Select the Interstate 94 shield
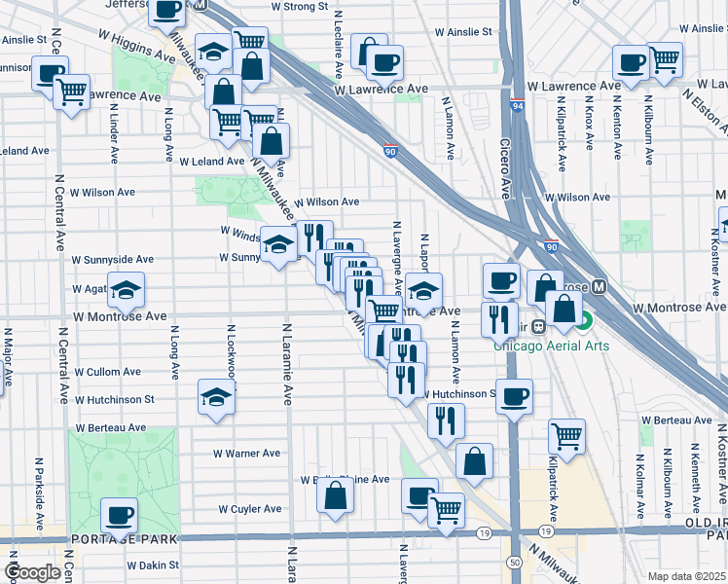click(516, 106)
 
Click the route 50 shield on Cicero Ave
click(514, 563)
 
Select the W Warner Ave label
click(247, 454)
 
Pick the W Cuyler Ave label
click(249, 509)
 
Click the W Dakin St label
click(153, 565)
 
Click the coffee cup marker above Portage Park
click(120, 516)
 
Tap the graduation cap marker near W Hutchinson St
click(217, 397)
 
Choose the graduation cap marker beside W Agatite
click(125, 290)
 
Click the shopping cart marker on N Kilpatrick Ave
click(566, 437)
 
